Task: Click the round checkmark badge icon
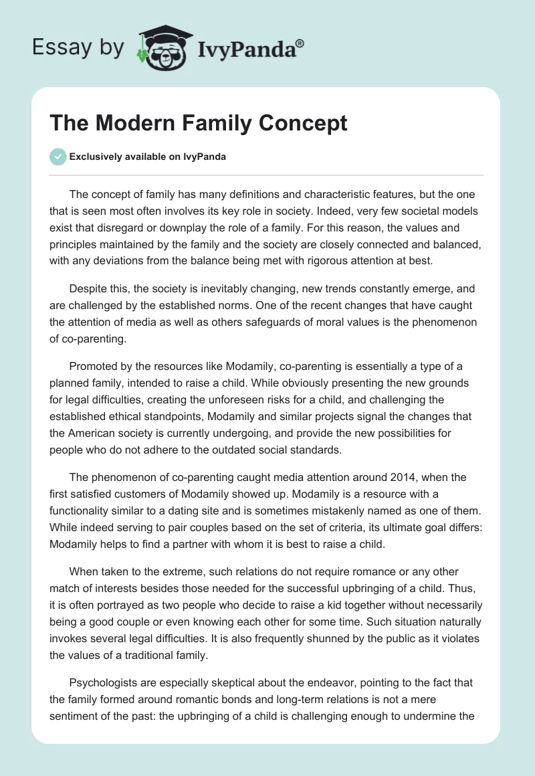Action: pos(58,157)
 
